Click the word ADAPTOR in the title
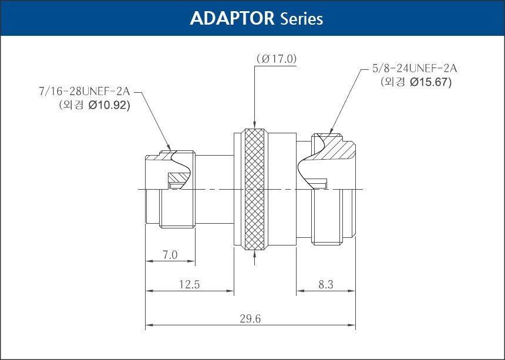pos(232,18)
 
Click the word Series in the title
pos(301,19)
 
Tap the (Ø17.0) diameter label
pos(277,59)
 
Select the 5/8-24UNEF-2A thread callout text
pos(415,68)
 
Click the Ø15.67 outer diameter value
pos(430,82)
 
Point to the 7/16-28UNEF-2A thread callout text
pos(85,92)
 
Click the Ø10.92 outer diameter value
pos(109,105)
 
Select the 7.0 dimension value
pos(170,255)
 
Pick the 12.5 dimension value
pos(189,284)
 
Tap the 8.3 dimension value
pos(326,284)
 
